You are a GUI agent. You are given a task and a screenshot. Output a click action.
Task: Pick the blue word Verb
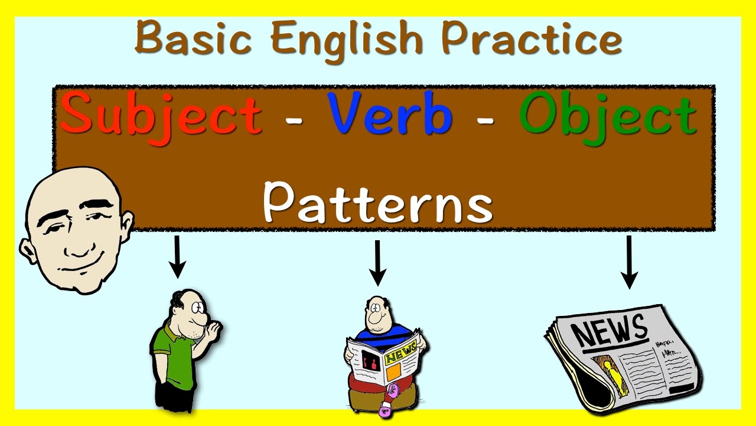click(390, 114)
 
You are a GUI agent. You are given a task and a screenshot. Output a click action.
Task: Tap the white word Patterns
click(377, 202)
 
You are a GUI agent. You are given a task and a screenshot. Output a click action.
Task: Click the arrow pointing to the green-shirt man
click(177, 256)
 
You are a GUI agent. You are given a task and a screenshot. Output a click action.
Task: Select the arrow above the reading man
click(377, 262)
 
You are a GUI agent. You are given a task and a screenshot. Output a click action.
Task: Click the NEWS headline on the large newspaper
click(609, 330)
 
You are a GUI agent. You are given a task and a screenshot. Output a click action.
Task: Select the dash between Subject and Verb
click(294, 120)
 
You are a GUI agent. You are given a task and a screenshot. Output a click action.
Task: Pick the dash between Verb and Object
click(485, 120)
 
